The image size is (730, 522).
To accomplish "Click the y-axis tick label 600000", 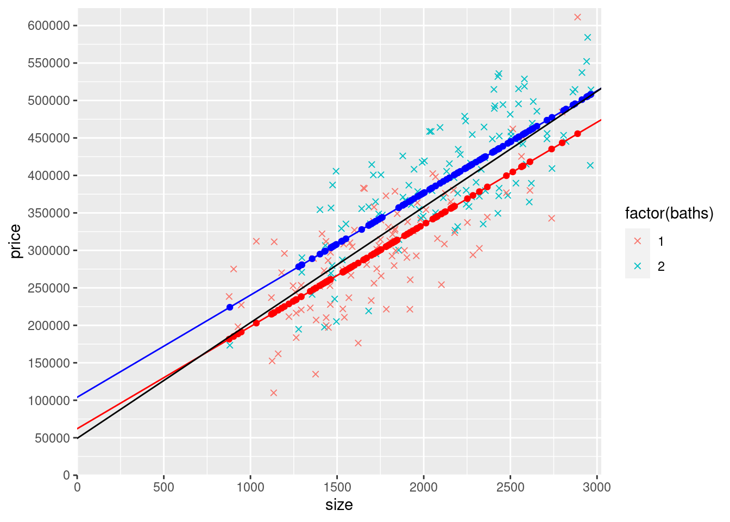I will click(x=49, y=26).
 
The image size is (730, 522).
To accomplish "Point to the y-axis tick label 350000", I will click(x=49, y=213).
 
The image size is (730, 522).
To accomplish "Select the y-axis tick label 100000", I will click(x=49, y=400).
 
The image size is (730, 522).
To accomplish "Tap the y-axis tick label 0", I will click(x=67, y=475).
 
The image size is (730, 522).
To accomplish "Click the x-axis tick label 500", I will click(x=163, y=487).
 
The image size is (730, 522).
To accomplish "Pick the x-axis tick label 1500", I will click(x=337, y=487).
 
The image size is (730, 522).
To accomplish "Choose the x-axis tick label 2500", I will click(x=510, y=487).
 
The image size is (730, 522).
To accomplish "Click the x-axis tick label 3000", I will click(x=597, y=487).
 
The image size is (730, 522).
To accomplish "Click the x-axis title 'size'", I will click(x=339, y=505).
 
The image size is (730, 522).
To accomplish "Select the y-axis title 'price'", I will click(x=15, y=241).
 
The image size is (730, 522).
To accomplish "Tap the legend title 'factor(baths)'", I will click(x=669, y=214).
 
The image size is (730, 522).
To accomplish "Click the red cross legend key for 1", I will click(x=638, y=241).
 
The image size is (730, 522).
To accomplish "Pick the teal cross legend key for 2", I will click(x=638, y=266).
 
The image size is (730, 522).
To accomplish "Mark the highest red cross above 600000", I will click(x=577, y=17).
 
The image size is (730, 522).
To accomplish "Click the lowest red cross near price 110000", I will click(x=274, y=393).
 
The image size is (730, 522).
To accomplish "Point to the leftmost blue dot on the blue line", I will click(x=230, y=307).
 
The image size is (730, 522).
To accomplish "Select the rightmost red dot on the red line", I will click(x=577, y=134).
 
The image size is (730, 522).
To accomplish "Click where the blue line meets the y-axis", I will click(x=78, y=397).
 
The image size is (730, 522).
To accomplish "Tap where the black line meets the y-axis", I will click(x=78, y=438).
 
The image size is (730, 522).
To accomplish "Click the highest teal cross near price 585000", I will click(x=587, y=38).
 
